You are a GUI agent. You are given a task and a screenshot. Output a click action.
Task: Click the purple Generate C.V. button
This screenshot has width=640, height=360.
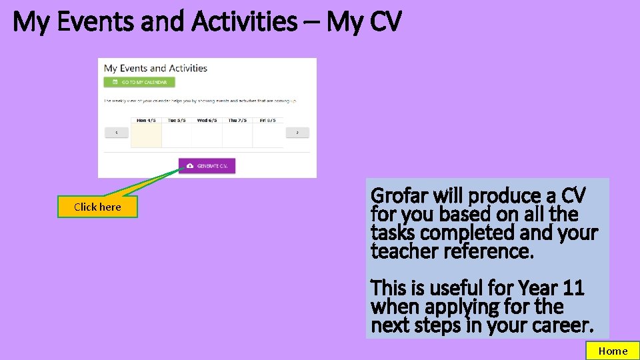pos(207,165)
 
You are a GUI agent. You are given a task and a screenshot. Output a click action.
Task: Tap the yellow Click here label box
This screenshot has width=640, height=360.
pos(97,207)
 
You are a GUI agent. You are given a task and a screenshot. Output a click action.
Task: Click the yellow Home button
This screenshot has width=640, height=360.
pos(612,351)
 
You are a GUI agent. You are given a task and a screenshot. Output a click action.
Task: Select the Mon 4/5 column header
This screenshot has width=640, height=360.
pos(146,121)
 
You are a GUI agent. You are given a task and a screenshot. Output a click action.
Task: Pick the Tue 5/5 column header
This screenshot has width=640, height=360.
pos(177,121)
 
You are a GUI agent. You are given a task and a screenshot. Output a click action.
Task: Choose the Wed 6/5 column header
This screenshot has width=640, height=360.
pos(207,121)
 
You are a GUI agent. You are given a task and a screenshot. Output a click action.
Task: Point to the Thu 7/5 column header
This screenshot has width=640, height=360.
pos(237,121)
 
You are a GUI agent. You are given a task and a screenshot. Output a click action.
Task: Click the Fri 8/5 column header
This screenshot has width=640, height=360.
pos(268,121)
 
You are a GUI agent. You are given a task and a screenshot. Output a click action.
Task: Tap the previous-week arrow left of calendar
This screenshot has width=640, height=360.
pos(117,133)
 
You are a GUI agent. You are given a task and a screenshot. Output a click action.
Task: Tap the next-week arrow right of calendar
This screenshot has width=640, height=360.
pos(297,133)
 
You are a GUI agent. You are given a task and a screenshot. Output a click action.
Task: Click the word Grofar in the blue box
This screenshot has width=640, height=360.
pos(399,196)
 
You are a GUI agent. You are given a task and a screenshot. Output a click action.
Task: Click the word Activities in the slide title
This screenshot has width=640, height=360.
pos(243,22)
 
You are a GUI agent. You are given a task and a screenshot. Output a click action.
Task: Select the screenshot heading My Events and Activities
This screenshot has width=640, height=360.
pos(155,68)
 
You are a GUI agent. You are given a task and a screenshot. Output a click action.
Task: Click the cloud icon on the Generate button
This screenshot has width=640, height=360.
pos(190,165)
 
